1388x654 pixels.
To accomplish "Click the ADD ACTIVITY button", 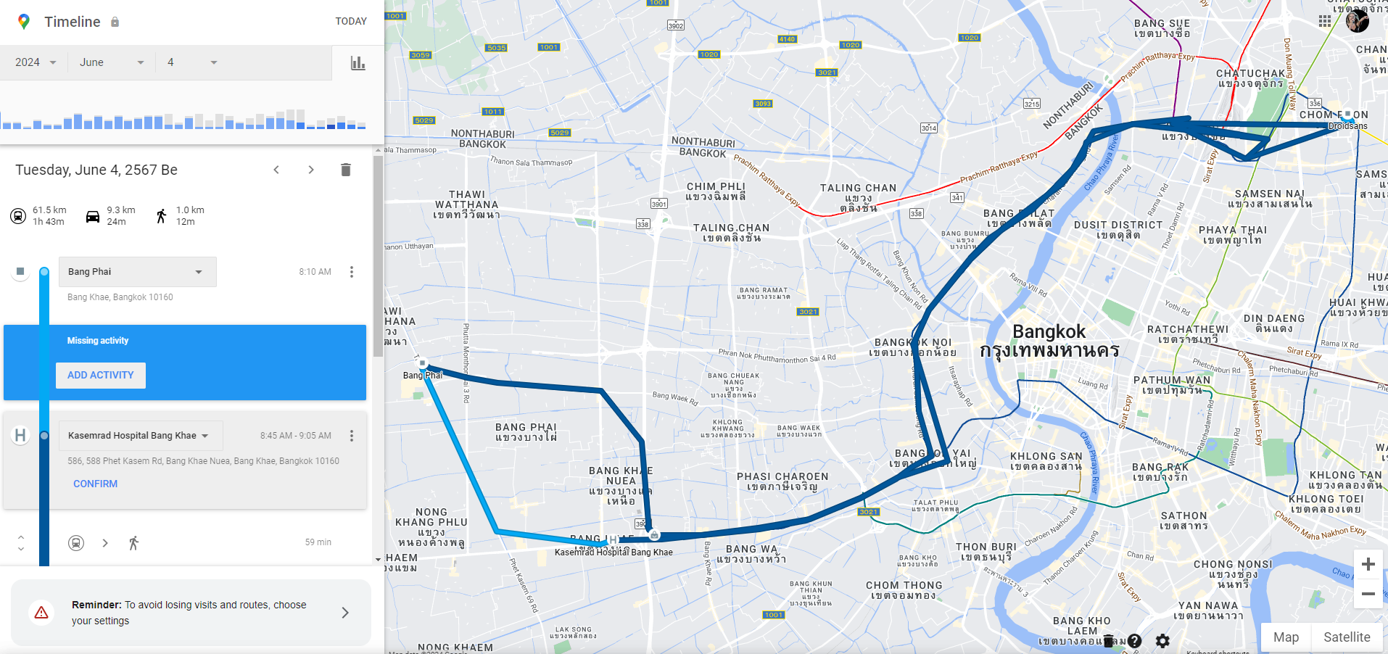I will [101, 375].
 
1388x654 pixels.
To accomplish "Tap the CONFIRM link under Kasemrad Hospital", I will [95, 484].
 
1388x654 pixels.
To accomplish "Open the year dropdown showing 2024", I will [36, 62].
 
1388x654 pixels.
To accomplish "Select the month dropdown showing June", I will [112, 62].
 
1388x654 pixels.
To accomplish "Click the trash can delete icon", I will [346, 170].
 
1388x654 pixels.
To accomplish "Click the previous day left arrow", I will [276, 170].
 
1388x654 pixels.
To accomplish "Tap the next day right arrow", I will [311, 170].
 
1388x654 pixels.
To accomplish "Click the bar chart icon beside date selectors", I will [358, 63].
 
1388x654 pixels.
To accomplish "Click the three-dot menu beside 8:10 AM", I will [352, 272].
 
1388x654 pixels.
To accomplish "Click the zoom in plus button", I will [1368, 564].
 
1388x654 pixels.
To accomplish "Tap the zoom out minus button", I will [1368, 594].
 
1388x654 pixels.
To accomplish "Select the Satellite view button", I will [1347, 637].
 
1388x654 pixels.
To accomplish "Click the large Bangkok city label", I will [1049, 333].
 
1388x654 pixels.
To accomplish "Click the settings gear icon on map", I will [1162, 641].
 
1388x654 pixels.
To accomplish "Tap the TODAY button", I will [351, 21].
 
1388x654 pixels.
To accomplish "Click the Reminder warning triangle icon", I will [41, 613].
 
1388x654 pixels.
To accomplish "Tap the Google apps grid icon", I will [1325, 21].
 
